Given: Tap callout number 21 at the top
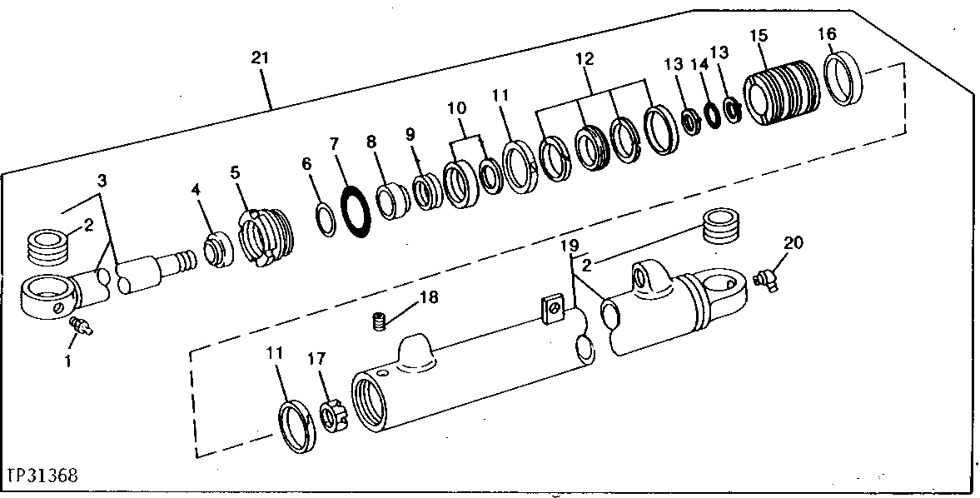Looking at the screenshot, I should point(261,58).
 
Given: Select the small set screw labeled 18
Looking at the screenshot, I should point(380,320).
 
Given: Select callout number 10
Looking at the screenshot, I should point(456,109).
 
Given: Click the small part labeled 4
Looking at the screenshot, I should point(217,252).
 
